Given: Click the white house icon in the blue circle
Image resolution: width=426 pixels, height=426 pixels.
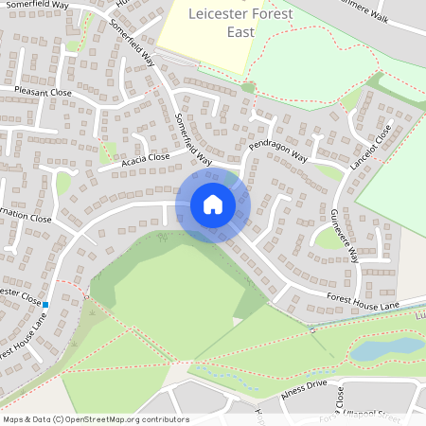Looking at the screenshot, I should point(213,204).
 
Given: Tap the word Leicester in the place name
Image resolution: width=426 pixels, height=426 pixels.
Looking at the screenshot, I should point(217,13).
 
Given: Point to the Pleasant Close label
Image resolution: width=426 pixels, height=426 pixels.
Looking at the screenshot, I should point(43,94).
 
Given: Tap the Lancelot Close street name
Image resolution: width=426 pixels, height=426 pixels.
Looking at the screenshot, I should point(370,147).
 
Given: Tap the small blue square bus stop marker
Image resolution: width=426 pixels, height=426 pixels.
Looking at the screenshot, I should point(45,303).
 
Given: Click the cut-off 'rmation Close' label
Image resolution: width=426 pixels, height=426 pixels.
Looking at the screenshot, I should point(26,218).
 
